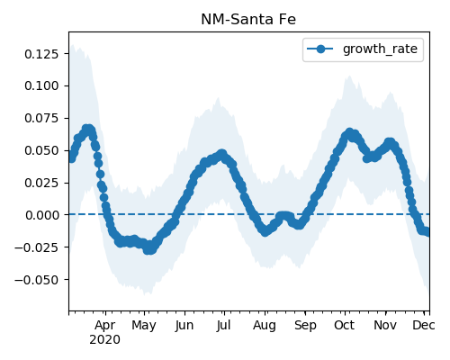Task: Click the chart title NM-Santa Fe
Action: point(248,20)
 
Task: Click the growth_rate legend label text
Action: point(380,49)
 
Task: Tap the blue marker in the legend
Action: point(320,49)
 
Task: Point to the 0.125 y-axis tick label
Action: point(41,54)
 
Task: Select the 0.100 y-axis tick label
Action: point(41,85)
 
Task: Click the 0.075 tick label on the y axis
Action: point(41,118)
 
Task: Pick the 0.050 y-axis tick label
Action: point(41,150)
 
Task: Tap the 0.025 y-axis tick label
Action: point(41,183)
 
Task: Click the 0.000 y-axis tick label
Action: point(41,215)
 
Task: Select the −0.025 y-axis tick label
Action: point(36,247)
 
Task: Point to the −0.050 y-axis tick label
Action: point(36,280)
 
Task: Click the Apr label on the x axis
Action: point(104,326)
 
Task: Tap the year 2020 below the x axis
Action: point(104,339)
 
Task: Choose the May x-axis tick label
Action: point(144,326)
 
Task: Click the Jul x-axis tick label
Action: point(223,325)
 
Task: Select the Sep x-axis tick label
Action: point(305,326)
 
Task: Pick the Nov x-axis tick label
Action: point(385,325)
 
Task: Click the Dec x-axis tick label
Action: point(424,325)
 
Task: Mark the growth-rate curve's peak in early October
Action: point(349,132)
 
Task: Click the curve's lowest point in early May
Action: point(149,249)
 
